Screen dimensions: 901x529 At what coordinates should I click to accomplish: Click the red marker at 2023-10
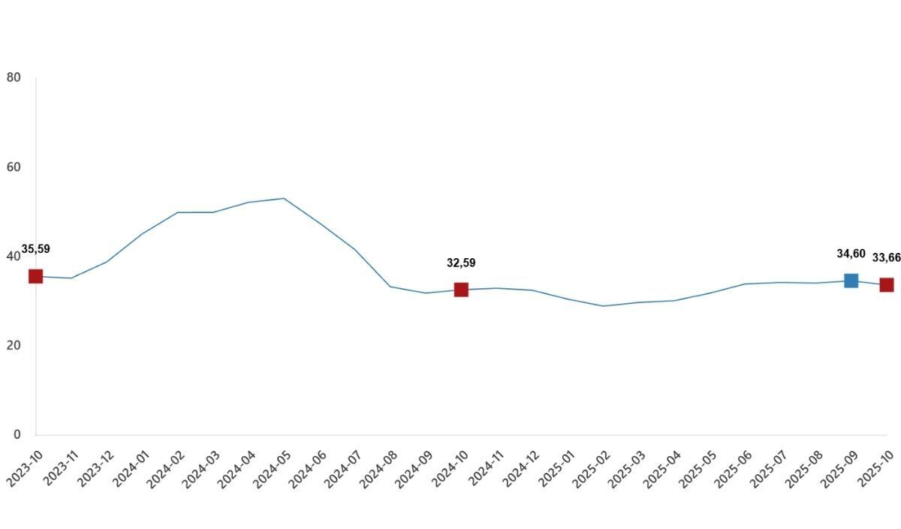click(36, 277)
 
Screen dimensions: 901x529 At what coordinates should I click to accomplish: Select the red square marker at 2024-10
click(461, 290)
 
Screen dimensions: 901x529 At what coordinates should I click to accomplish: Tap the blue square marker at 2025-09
click(851, 281)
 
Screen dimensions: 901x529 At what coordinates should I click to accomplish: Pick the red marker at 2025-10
click(887, 285)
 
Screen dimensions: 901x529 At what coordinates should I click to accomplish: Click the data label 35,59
click(36, 249)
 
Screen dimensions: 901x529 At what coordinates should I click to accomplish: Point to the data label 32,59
click(461, 263)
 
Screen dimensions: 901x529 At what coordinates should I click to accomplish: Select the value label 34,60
click(851, 254)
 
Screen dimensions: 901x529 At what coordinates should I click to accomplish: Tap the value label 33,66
click(887, 257)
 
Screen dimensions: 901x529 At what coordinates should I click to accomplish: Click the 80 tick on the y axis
click(14, 77)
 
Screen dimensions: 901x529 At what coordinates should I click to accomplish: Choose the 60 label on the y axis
click(14, 167)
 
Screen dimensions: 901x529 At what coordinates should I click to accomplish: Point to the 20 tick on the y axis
click(14, 345)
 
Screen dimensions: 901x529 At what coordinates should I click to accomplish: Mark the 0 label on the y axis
click(17, 434)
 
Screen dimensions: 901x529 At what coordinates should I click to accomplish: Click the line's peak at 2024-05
click(284, 198)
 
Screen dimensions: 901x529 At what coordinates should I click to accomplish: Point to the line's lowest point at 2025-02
click(603, 306)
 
